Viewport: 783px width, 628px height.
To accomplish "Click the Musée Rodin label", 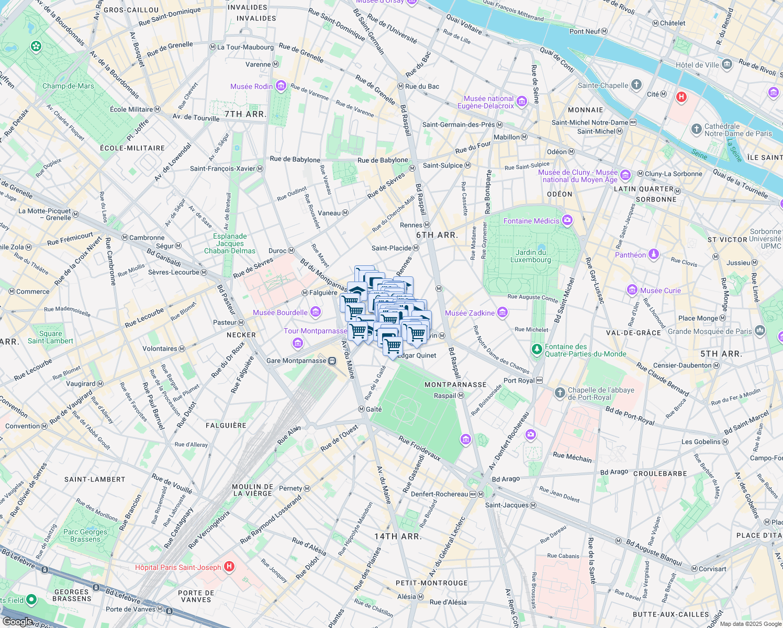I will coord(251,86).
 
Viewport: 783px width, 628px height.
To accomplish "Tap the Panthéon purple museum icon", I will coord(653,254).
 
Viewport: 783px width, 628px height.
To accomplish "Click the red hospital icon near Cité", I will coord(681,97).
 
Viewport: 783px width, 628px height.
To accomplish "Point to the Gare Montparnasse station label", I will coord(296,361).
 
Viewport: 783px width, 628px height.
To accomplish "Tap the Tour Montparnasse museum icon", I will coord(298,343).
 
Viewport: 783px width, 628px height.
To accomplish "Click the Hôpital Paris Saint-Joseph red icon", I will coord(229,566).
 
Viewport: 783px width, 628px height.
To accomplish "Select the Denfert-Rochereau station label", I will coord(440,494).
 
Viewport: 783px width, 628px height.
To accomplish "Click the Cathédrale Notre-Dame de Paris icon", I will coord(696,129).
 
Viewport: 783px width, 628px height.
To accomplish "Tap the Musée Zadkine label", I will coord(469,313).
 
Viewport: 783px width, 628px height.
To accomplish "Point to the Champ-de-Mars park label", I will coord(68,86).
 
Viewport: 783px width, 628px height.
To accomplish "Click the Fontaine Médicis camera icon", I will coord(567,220).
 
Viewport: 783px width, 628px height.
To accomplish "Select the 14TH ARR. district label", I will coord(398,536).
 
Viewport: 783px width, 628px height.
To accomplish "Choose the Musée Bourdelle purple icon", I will coord(315,312).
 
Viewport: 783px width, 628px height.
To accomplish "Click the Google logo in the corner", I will coord(17,621).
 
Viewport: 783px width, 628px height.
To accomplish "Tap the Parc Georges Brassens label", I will coord(85,535).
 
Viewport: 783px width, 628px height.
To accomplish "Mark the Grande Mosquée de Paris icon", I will coord(760,331).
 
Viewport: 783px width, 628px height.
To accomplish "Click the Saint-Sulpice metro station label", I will coord(443,165).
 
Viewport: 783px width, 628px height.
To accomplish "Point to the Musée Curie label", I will coord(661,290).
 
